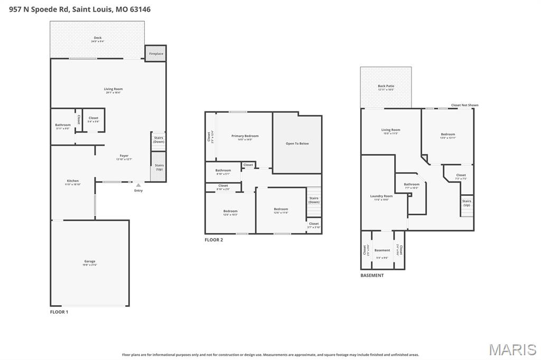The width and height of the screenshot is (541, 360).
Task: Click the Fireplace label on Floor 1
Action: click(x=156, y=54)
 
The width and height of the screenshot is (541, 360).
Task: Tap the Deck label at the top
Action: click(x=98, y=38)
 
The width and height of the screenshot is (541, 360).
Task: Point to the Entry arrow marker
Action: click(x=138, y=185)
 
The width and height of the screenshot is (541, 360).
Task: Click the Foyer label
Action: click(x=124, y=156)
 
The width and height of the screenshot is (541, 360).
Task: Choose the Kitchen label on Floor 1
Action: click(x=72, y=181)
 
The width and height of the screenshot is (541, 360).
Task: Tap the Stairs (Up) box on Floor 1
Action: click(x=159, y=167)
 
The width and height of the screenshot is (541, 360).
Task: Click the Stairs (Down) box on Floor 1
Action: click(x=158, y=140)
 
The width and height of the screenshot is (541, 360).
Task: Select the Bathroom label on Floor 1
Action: click(x=63, y=125)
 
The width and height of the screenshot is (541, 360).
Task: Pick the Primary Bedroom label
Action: click(x=245, y=136)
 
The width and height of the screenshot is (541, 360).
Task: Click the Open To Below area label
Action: click(x=297, y=144)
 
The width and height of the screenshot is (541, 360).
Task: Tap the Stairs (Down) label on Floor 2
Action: click(x=314, y=200)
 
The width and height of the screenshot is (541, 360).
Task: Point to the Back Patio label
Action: click(x=386, y=87)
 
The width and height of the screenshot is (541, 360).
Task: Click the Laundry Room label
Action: click(x=381, y=196)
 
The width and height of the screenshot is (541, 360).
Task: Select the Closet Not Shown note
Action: click(x=464, y=105)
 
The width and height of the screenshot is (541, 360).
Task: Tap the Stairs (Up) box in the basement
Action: click(x=467, y=203)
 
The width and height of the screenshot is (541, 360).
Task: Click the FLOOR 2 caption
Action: click(x=214, y=240)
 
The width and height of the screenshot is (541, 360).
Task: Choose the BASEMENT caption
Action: click(x=372, y=275)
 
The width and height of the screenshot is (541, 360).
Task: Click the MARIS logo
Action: click(x=512, y=349)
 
